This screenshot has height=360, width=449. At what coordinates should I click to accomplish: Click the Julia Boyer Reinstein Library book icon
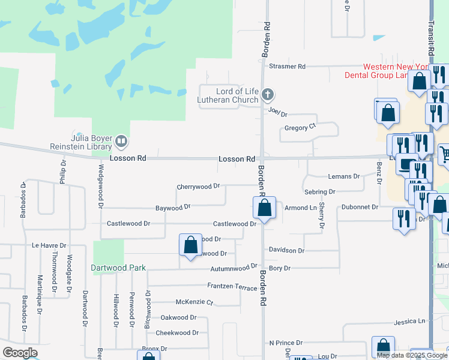click(x=121, y=142)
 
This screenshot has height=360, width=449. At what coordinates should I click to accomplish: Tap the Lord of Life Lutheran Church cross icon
click(x=268, y=94)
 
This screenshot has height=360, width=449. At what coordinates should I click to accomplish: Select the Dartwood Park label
click(x=118, y=267)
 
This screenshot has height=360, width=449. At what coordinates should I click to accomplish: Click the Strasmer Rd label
click(x=288, y=66)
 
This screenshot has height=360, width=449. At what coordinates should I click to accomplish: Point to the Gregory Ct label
click(x=300, y=127)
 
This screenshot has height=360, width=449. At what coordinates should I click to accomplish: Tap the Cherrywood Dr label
click(x=198, y=187)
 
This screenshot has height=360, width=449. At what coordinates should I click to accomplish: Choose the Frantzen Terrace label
click(x=232, y=287)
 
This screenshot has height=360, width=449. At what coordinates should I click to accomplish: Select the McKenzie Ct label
click(x=194, y=302)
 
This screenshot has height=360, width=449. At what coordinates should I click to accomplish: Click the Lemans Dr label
click(x=343, y=176)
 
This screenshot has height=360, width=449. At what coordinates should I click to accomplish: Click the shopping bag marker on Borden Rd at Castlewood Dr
click(x=264, y=209)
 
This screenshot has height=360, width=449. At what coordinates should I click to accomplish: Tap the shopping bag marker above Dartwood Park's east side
click(x=190, y=245)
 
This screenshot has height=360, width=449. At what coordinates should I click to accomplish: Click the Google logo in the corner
click(x=20, y=353)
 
